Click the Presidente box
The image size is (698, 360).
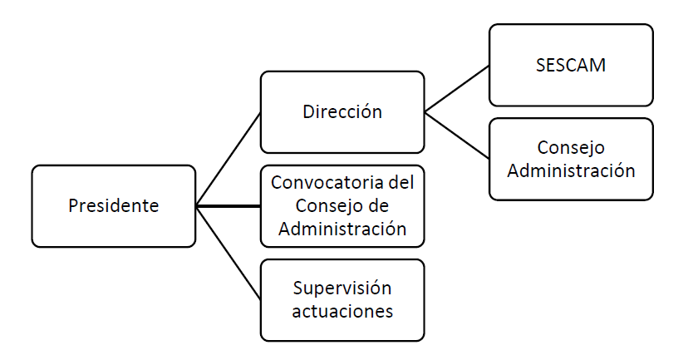114,206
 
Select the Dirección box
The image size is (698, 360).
342,112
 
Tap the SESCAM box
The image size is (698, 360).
571,65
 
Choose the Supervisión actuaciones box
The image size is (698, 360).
342,300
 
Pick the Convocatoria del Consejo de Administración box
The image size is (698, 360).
342,206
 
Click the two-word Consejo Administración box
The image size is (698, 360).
571,159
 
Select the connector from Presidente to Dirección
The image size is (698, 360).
229,159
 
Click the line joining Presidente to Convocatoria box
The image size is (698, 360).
229,205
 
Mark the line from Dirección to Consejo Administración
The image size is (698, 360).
457,136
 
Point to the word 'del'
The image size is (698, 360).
402,182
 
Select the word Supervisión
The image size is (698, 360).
342,288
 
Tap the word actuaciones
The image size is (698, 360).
342,312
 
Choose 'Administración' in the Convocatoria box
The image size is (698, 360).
342,229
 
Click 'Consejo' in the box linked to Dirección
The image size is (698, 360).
571,148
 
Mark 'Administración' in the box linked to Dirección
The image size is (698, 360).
571,171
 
